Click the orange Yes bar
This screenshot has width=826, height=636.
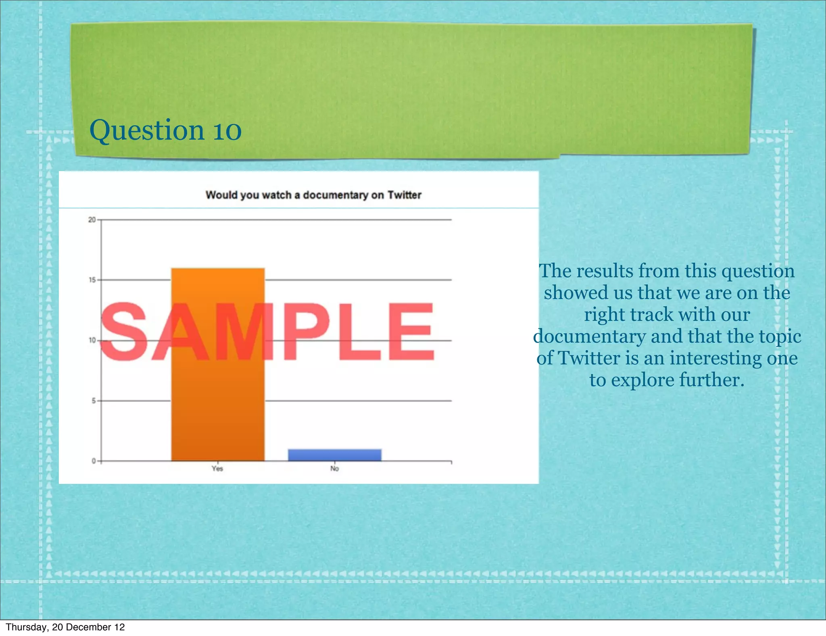pos(218,404)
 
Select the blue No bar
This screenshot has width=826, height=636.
pos(334,455)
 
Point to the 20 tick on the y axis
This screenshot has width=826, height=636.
pos(92,220)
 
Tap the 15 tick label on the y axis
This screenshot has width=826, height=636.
pos(92,280)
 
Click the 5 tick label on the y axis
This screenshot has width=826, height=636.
pos(93,401)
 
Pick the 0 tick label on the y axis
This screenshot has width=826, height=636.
pos(94,461)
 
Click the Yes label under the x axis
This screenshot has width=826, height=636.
pos(217,469)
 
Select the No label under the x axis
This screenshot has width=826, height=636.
pos(334,469)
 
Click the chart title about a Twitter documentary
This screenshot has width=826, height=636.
pos(313,195)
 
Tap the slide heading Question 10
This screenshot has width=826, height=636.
pos(165,130)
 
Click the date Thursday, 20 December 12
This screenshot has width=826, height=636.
pos(65,627)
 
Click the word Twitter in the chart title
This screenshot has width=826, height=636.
pos(404,195)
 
